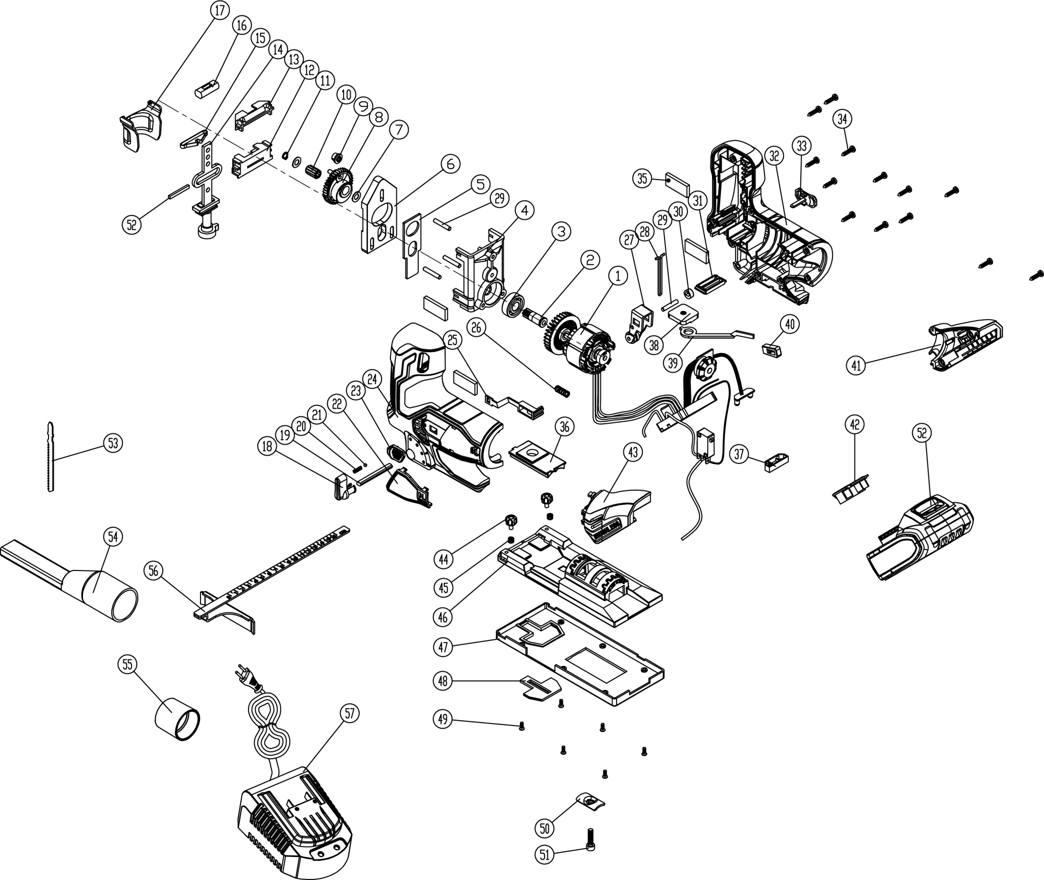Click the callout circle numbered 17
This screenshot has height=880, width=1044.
point(220,10)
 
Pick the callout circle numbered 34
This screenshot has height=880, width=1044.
point(842,119)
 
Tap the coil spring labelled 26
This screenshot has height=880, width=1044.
point(562,390)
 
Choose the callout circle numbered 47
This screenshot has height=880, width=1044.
point(443,647)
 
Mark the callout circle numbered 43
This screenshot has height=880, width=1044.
point(633,452)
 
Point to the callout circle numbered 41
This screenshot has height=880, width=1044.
point(856,365)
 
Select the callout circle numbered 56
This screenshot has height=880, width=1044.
point(153,572)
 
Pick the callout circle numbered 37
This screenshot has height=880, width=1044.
point(739,454)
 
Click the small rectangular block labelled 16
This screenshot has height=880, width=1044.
point(207,89)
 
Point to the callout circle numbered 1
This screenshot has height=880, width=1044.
point(618,276)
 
